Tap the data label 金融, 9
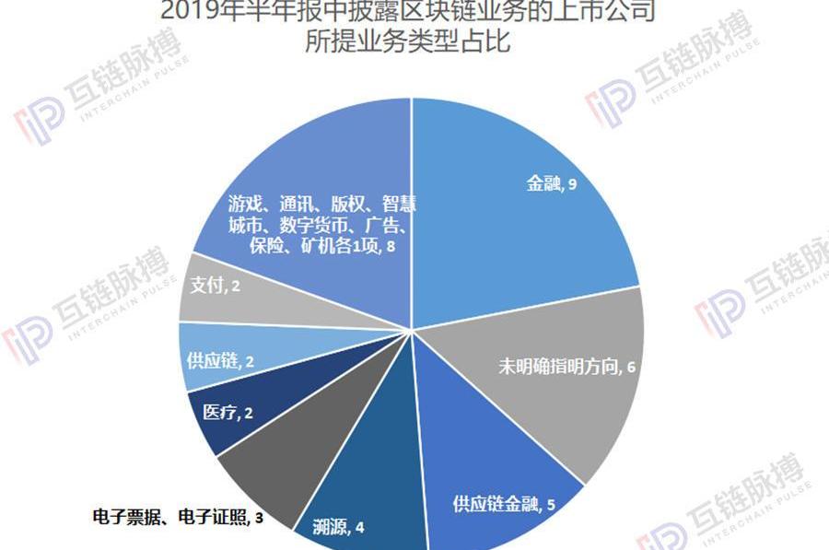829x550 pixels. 552,184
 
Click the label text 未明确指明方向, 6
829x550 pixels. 567,366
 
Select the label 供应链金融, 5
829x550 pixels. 503,505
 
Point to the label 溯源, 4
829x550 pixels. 339,528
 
